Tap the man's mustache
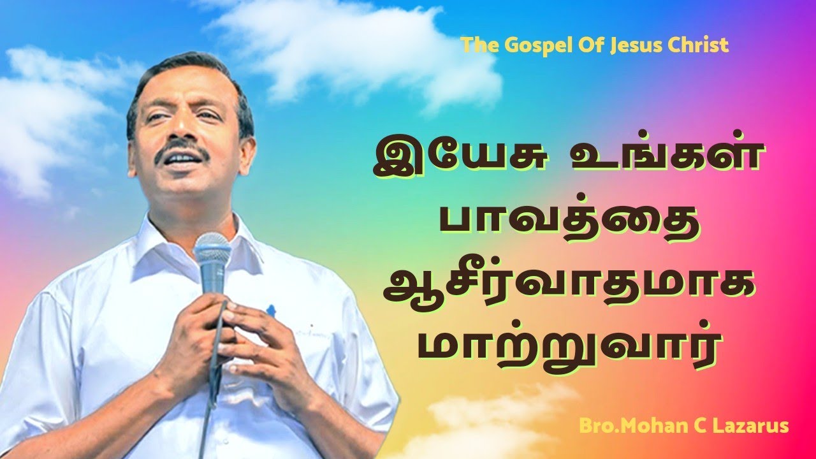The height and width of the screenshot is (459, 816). click(182, 152)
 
